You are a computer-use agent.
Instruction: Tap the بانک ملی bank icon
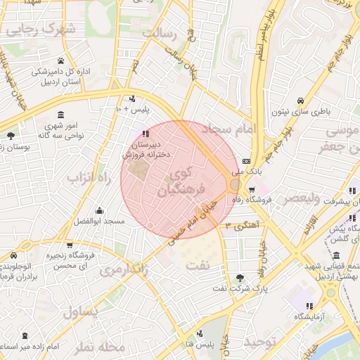tap(245, 161)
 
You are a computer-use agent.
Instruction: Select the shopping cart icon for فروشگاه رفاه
tap(251, 189)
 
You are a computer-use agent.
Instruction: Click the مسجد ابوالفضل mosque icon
tap(99, 210)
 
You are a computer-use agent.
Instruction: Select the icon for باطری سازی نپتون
tap(300, 100)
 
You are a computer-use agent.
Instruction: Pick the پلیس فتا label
tap(214, 344)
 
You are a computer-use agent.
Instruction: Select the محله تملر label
tap(99, 347)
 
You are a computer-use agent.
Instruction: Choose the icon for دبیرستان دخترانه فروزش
tap(145, 133)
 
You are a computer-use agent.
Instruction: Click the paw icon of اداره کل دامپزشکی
tap(61, 60)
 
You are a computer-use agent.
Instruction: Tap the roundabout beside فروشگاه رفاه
tap(234, 184)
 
